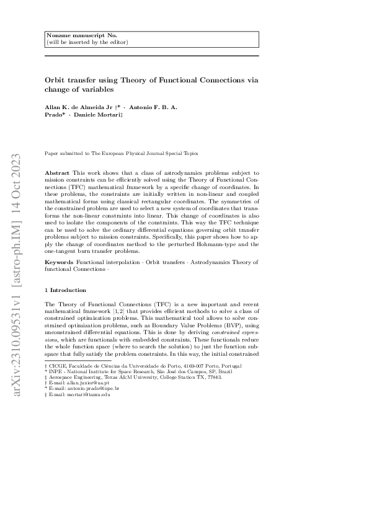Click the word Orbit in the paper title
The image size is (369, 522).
click(56, 80)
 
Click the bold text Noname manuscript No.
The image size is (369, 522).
click(73, 36)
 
